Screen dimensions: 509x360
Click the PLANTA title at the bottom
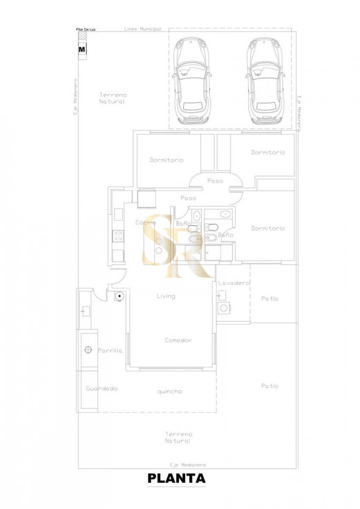click(176, 478)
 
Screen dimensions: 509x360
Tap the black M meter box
click(82, 49)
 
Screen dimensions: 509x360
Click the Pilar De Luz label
click(86, 29)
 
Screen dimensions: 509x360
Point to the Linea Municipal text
click(142, 29)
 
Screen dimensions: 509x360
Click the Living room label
click(166, 296)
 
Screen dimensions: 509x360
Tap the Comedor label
click(178, 340)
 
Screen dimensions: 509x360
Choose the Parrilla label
click(110, 351)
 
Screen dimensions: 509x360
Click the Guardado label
click(102, 388)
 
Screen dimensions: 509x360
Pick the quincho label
click(169, 392)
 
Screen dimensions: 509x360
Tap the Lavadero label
click(235, 283)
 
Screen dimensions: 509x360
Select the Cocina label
click(145, 222)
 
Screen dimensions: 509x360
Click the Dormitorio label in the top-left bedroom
click(167, 160)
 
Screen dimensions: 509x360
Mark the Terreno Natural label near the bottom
click(178, 437)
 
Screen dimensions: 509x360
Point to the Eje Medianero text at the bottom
click(187, 465)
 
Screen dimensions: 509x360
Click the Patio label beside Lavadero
click(269, 298)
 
